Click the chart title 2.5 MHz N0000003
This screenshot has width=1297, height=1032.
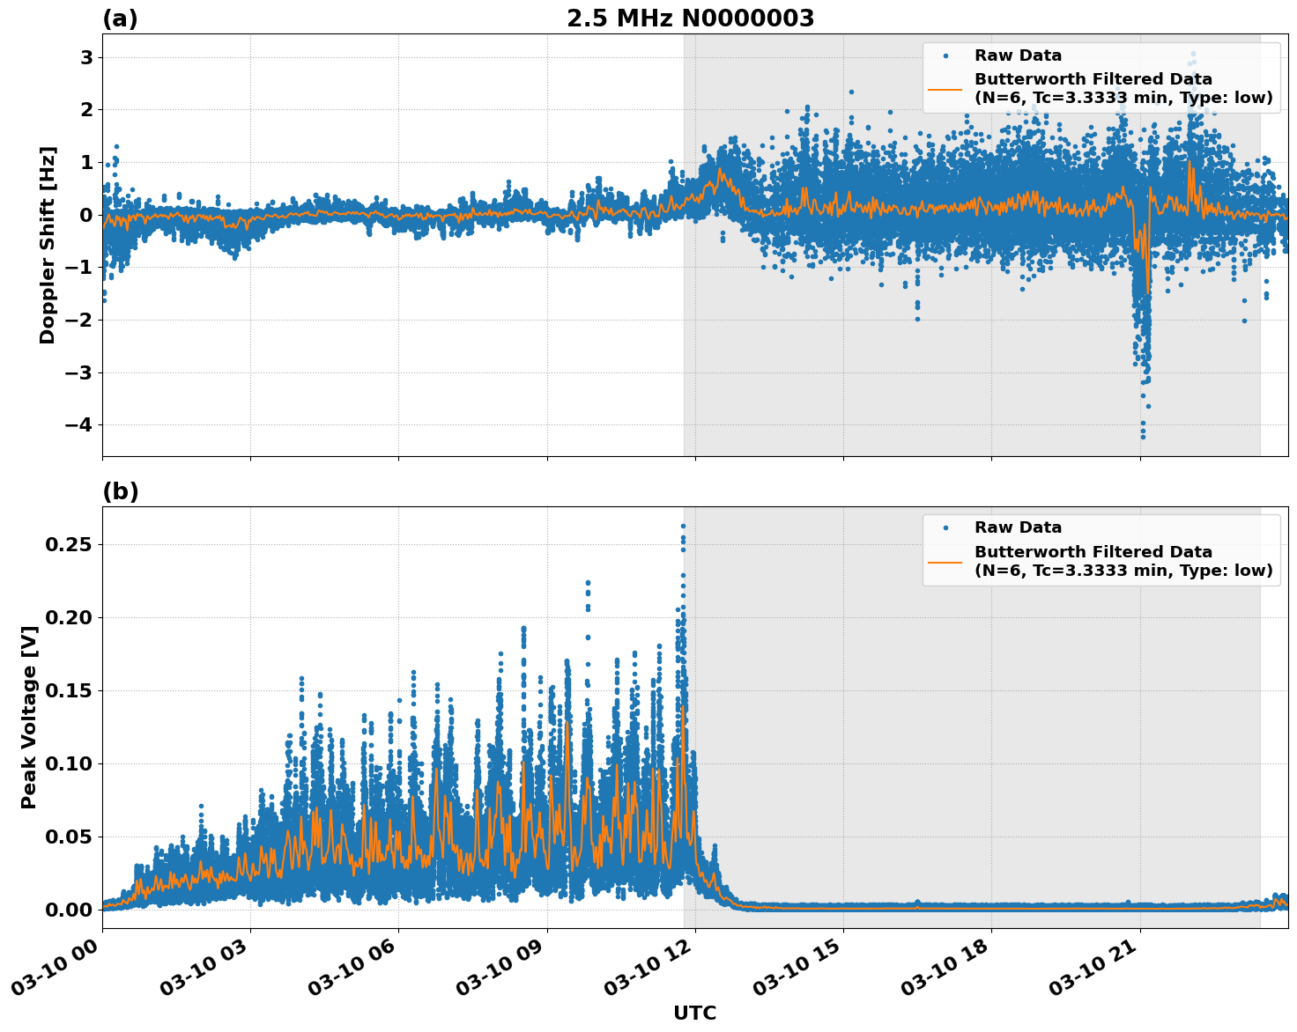690,18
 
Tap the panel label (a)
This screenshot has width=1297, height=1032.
120,18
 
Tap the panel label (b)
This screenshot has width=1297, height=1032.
120,491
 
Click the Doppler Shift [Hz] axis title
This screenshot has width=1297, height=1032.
48,245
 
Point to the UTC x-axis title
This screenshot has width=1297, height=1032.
694,1013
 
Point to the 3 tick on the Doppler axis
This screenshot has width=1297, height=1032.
86,57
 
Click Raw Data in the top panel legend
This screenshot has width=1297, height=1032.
1018,55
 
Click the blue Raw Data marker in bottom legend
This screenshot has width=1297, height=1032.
945,527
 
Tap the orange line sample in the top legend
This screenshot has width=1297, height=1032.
945,88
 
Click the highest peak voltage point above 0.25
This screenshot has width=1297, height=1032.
683,527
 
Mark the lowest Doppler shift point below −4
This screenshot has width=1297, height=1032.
1143,437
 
